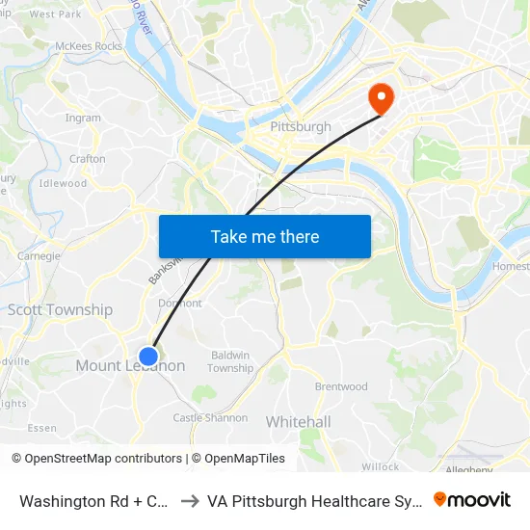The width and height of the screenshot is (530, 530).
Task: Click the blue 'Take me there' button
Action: pyautogui.click(x=265, y=237)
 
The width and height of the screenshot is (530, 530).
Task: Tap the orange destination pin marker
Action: pyautogui.click(x=380, y=98)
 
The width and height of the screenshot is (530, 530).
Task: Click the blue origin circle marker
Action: pyautogui.click(x=148, y=357)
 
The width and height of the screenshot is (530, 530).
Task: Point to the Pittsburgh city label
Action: pyautogui.click(x=301, y=126)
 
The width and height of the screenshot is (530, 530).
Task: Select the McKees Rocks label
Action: pyautogui.click(x=89, y=45)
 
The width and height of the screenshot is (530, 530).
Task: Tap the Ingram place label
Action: pyautogui.click(x=83, y=119)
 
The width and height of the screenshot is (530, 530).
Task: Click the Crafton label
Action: pyautogui.click(x=88, y=159)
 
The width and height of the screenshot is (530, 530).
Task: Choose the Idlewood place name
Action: pyautogui.click(x=64, y=183)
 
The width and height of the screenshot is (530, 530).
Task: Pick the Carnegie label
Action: pyautogui.click(x=40, y=256)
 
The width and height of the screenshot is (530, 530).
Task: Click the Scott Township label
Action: pyautogui.click(x=60, y=310)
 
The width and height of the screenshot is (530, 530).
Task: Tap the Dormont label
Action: pyautogui.click(x=180, y=303)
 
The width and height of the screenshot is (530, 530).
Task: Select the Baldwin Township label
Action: pyautogui.click(x=230, y=361)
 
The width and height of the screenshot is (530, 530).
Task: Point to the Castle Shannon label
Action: pyautogui.click(x=210, y=418)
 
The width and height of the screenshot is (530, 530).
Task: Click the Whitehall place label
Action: pyautogui.click(x=298, y=422)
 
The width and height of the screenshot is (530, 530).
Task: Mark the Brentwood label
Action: pyautogui.click(x=341, y=387)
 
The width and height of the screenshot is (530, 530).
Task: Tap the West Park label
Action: pyautogui.click(x=56, y=14)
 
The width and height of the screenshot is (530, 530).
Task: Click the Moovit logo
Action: pyautogui.click(x=472, y=499)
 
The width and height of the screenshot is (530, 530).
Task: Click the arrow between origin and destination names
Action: pyautogui.click(x=190, y=501)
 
